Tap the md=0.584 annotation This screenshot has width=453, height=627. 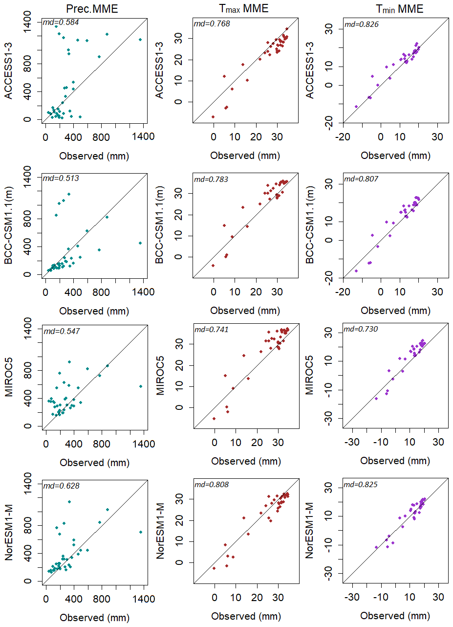tap(61, 22)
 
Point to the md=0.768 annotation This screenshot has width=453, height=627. tap(212, 23)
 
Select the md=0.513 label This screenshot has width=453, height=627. tap(61, 178)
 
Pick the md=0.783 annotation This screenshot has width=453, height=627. tap(212, 179)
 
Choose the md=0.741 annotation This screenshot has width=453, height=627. tap(212, 330)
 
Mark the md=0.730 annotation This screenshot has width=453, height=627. tap(362, 329)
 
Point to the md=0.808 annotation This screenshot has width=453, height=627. tap(212, 485)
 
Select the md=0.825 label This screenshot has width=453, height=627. tap(362, 485)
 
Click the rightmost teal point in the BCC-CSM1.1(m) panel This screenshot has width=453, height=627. tap(140, 243)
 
